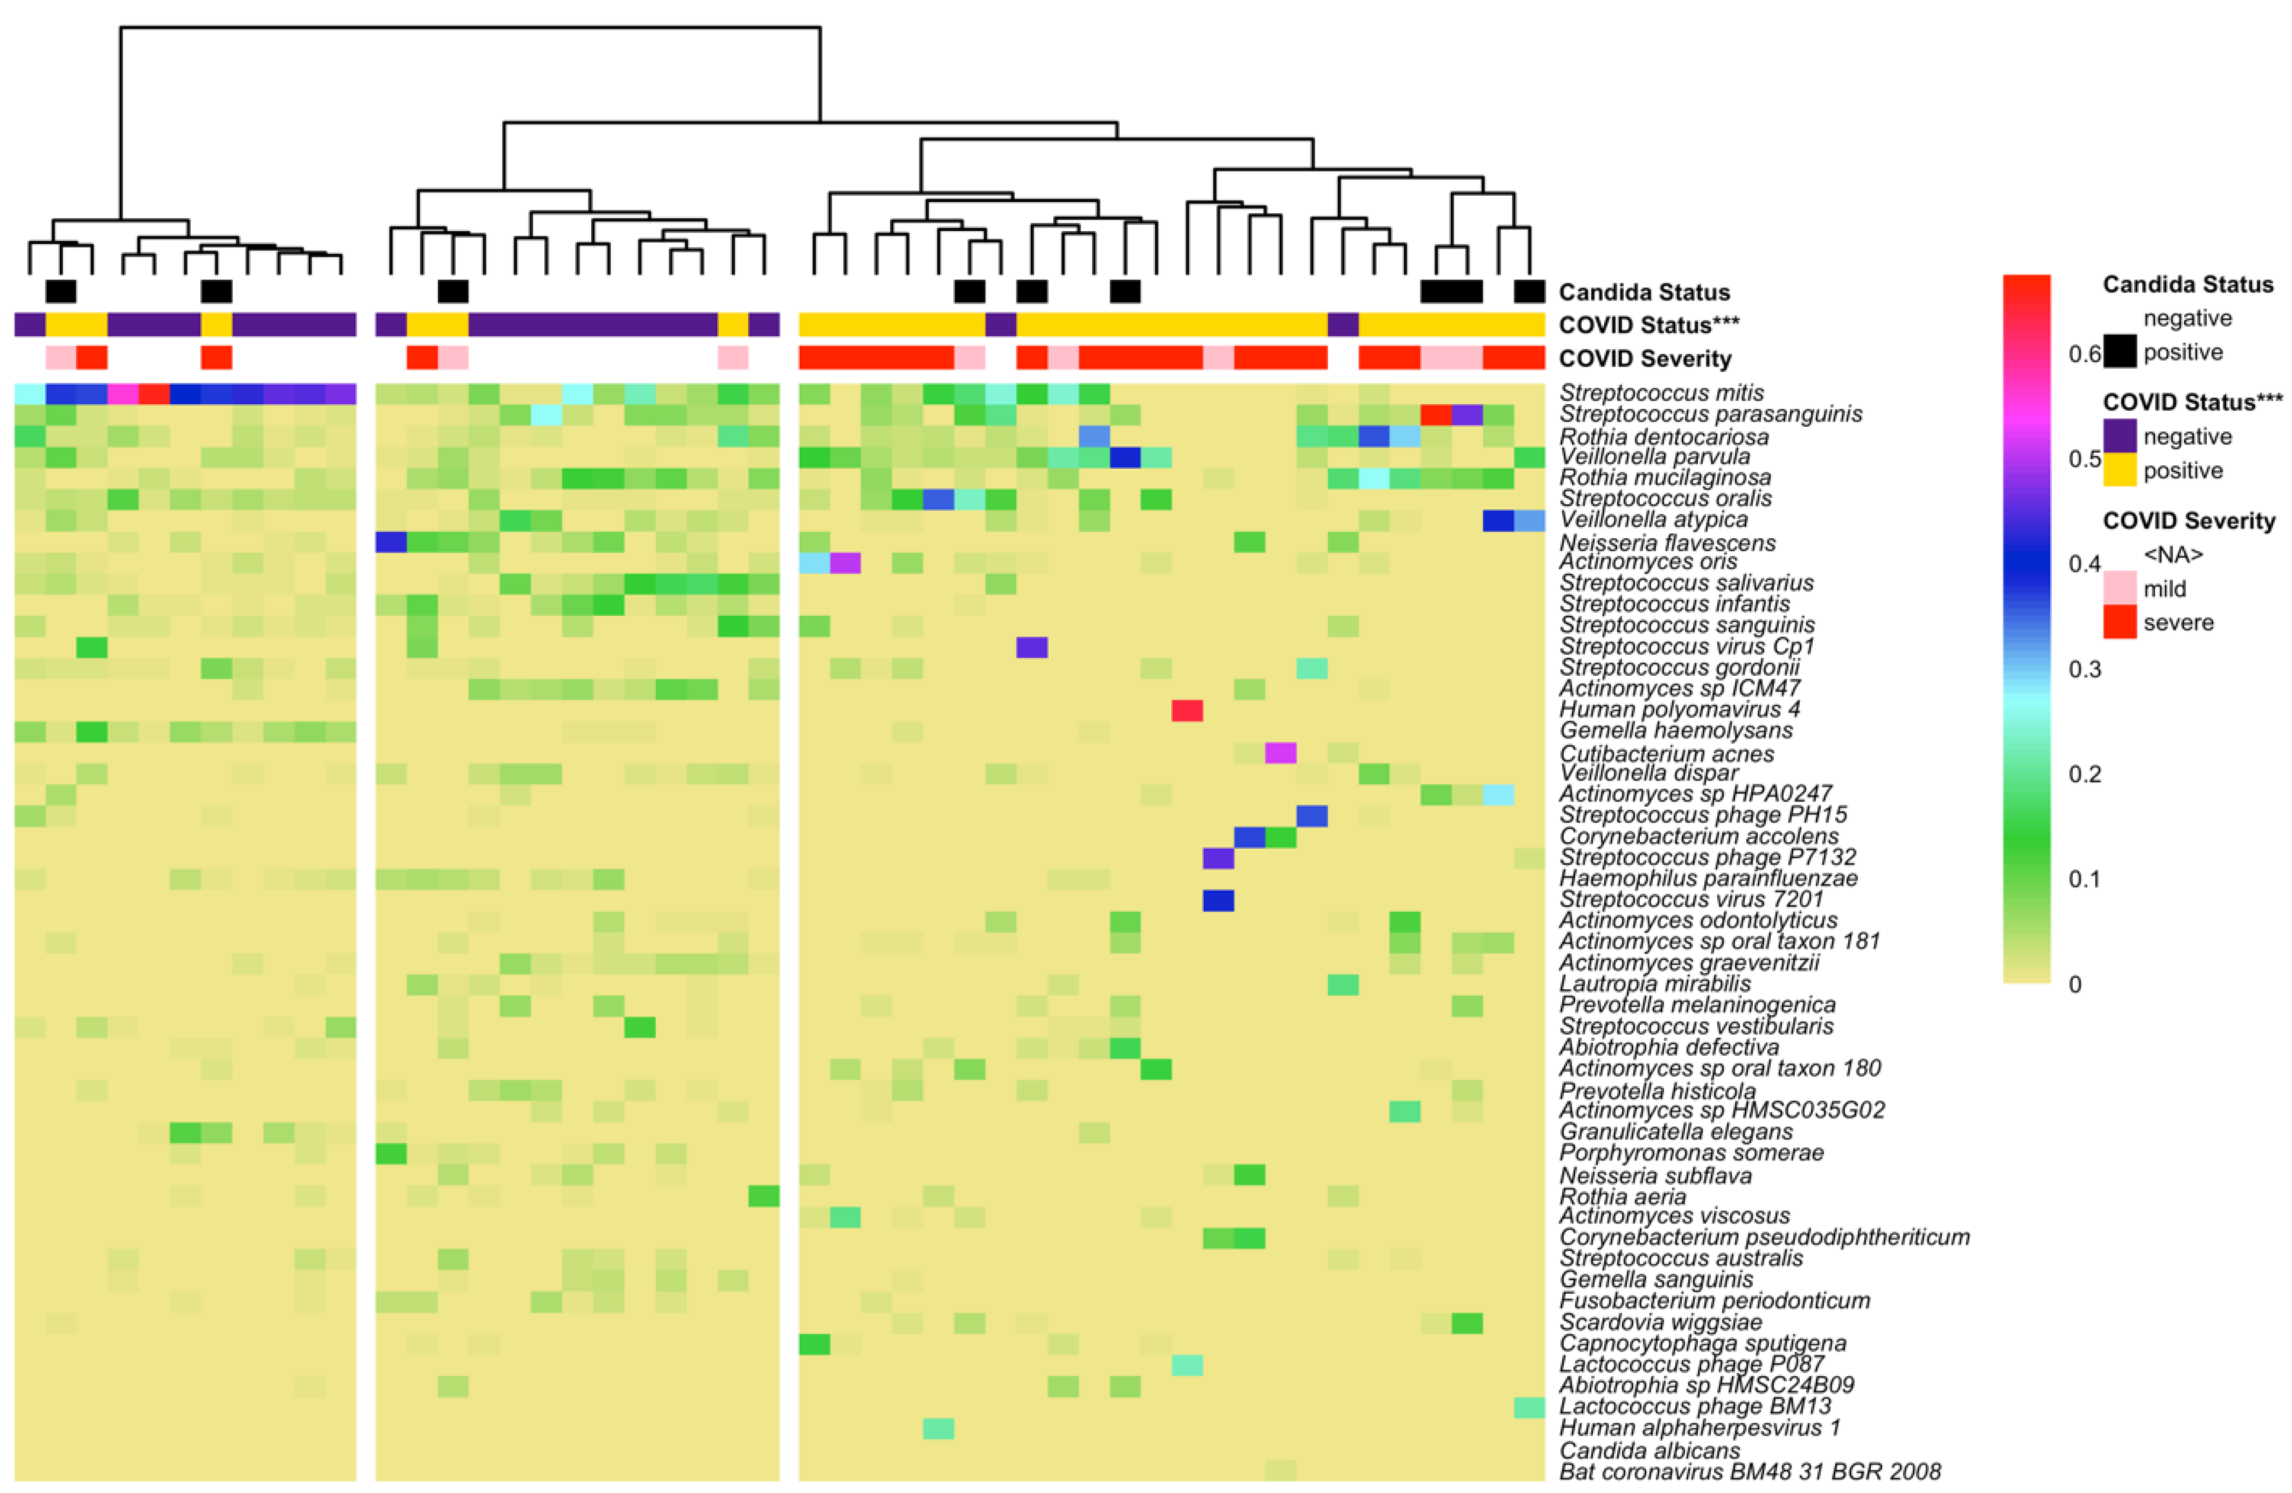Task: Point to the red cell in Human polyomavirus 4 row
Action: [1187, 710]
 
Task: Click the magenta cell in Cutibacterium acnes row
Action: [1280, 752]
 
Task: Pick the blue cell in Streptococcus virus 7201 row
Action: [1218, 900]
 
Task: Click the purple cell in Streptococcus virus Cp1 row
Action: [1031, 646]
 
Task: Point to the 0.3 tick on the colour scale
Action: [2084, 669]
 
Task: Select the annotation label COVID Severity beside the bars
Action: [1645, 359]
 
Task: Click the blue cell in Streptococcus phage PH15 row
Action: [1312, 816]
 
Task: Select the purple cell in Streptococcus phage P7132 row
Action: [1218, 857]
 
